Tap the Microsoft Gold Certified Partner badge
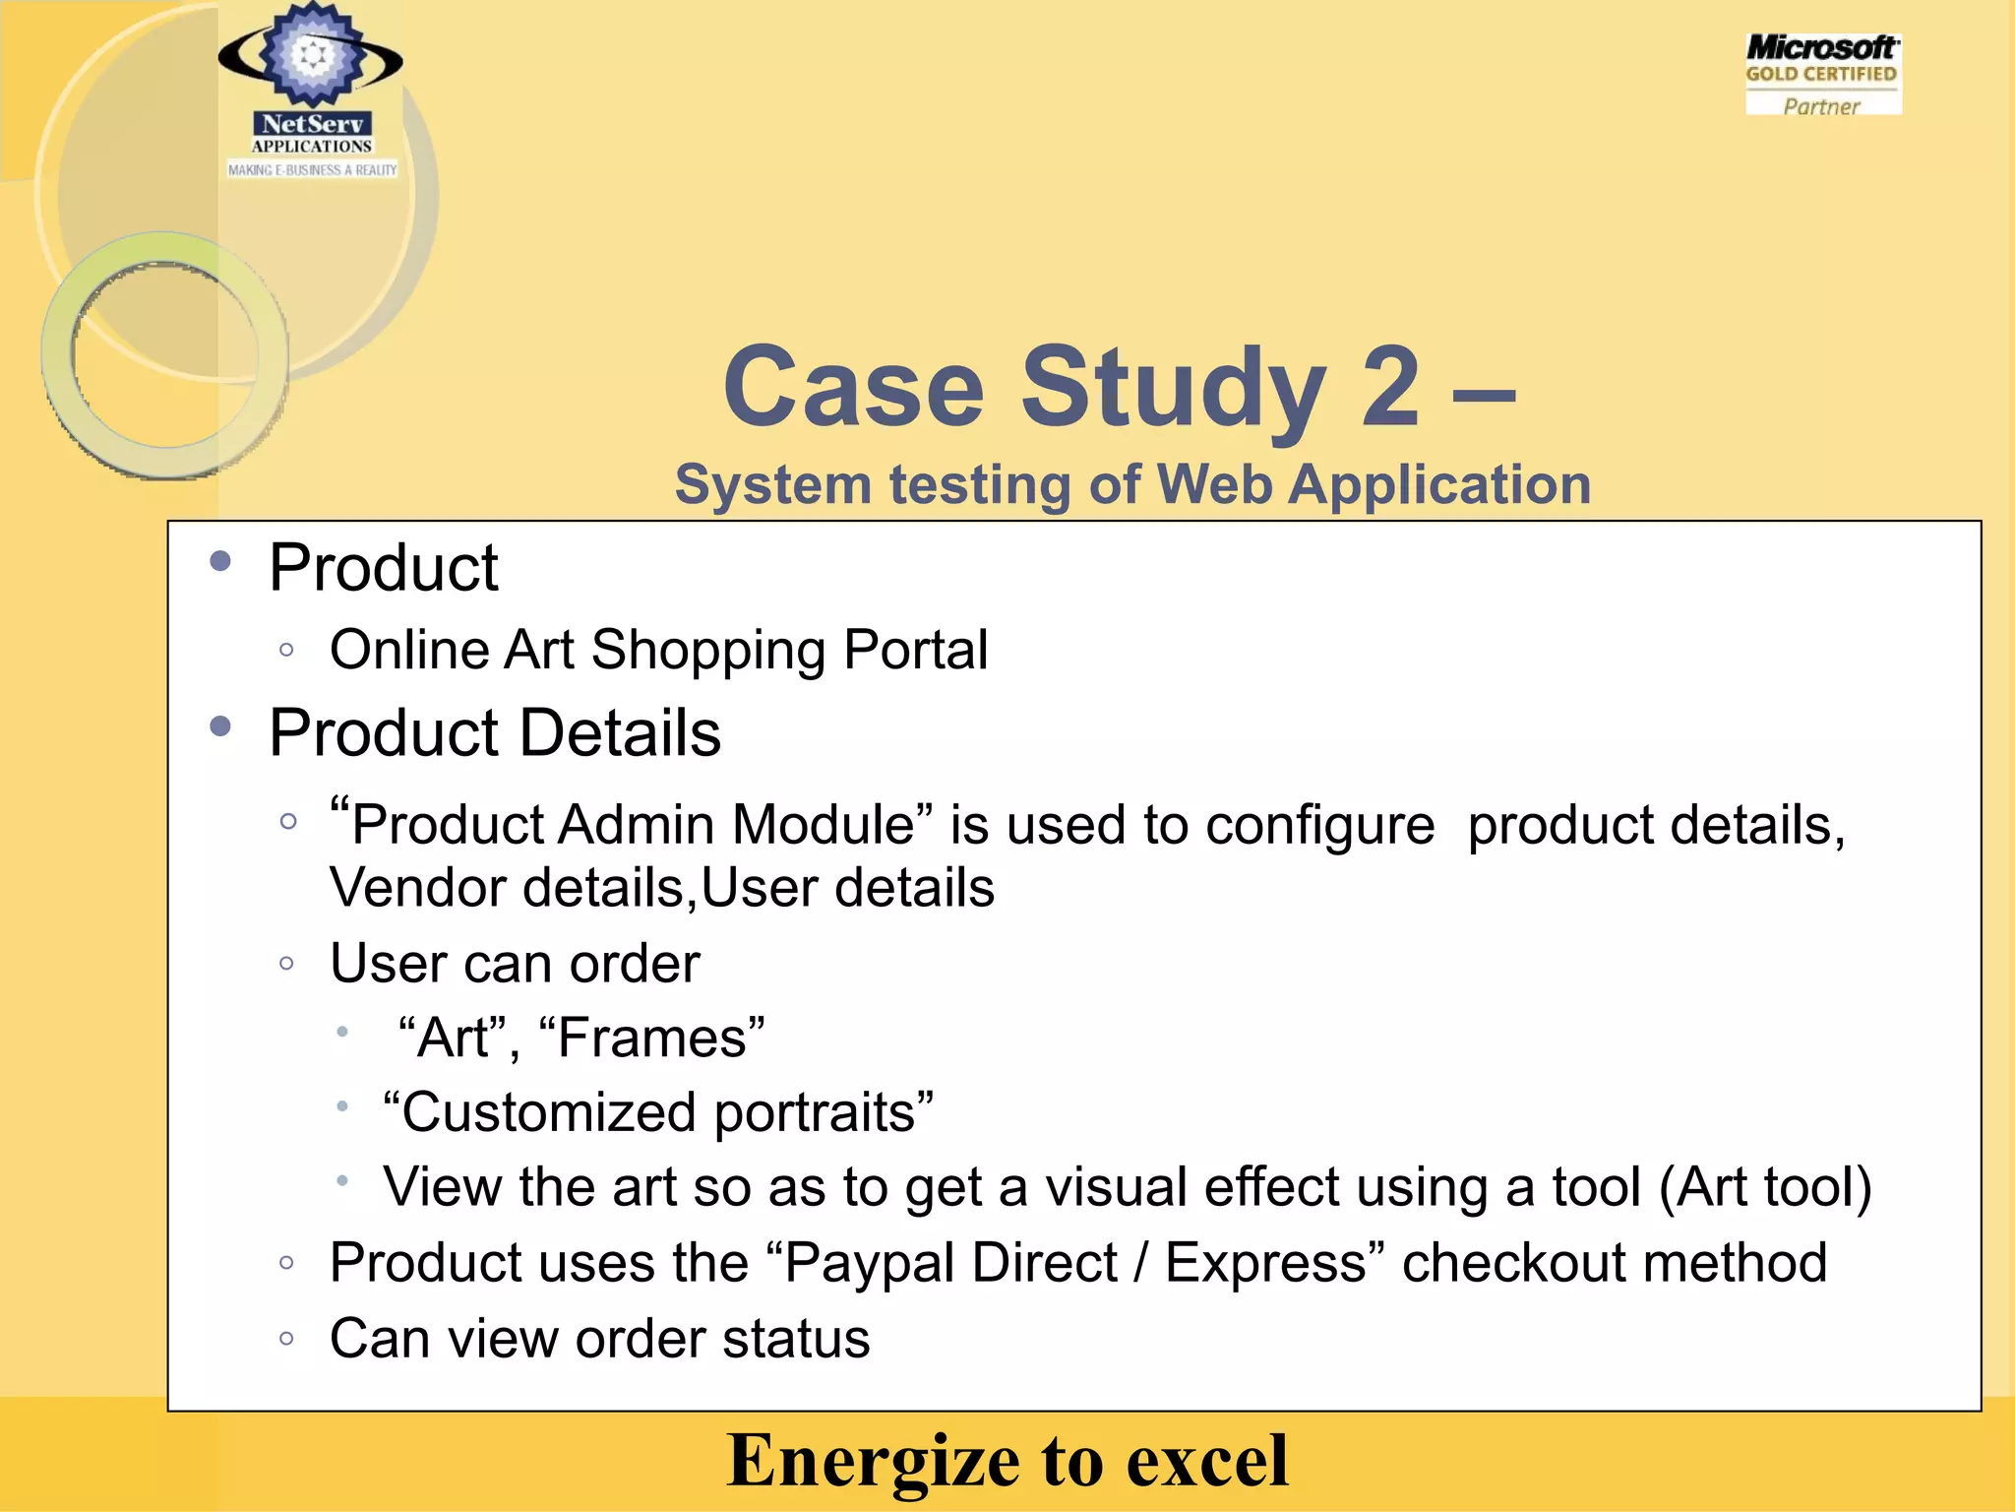click(x=1822, y=75)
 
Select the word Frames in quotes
click(x=652, y=1039)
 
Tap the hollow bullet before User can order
click(x=287, y=964)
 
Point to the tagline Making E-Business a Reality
click(x=312, y=170)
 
